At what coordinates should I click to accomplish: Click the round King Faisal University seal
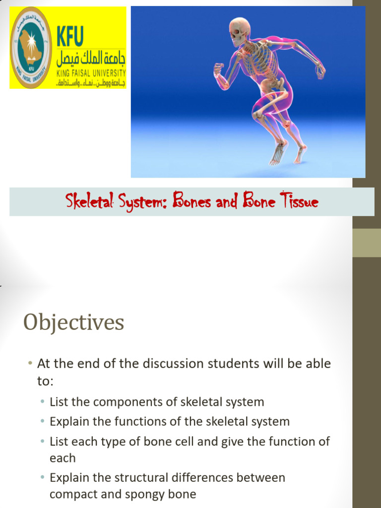tap(31, 48)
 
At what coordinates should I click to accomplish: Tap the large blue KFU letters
tap(70, 36)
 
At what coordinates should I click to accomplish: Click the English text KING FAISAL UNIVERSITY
tap(91, 72)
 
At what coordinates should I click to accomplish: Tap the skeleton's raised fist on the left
tap(218, 69)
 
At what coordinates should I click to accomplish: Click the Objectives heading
tap(73, 323)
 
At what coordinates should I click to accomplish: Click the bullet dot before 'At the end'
tap(30, 364)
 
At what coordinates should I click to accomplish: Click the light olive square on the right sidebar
tap(367, 243)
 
